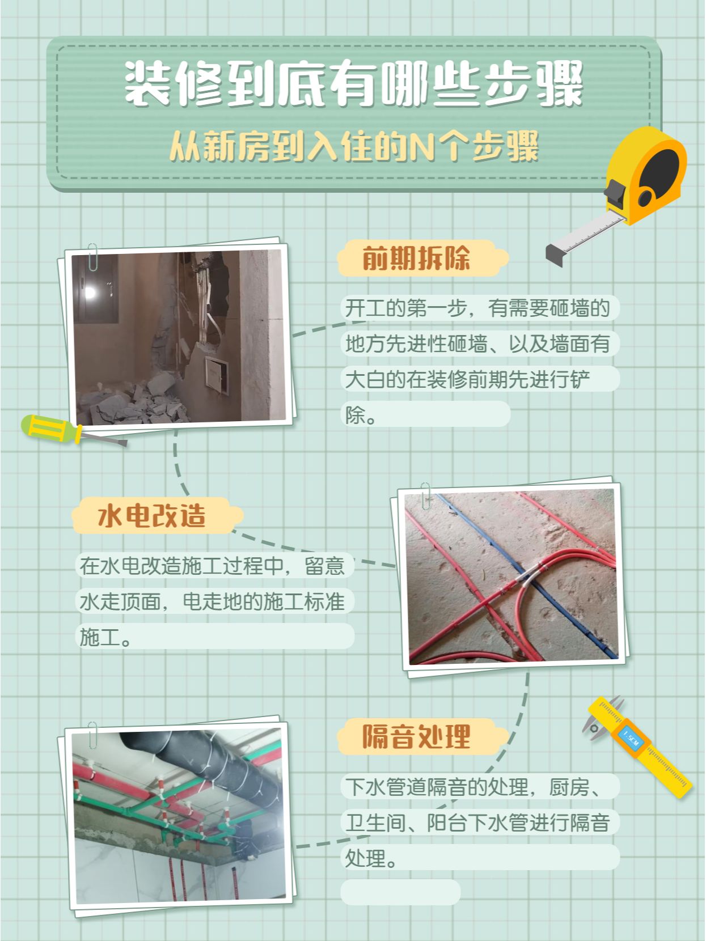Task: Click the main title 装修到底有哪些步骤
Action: [354, 83]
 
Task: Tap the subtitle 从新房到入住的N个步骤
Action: [354, 147]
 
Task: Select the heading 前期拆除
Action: [416, 258]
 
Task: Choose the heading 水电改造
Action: [152, 515]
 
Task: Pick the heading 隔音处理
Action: [416, 736]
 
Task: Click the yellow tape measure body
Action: [646, 173]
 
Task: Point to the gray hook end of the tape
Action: [556, 255]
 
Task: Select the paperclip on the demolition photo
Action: [92, 257]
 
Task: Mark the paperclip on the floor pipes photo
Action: [426, 496]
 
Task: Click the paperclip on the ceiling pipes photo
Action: [92, 736]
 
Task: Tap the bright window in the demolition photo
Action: [90, 293]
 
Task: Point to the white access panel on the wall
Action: [217, 375]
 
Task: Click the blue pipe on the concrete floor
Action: [527, 574]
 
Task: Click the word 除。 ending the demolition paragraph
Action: [361, 415]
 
